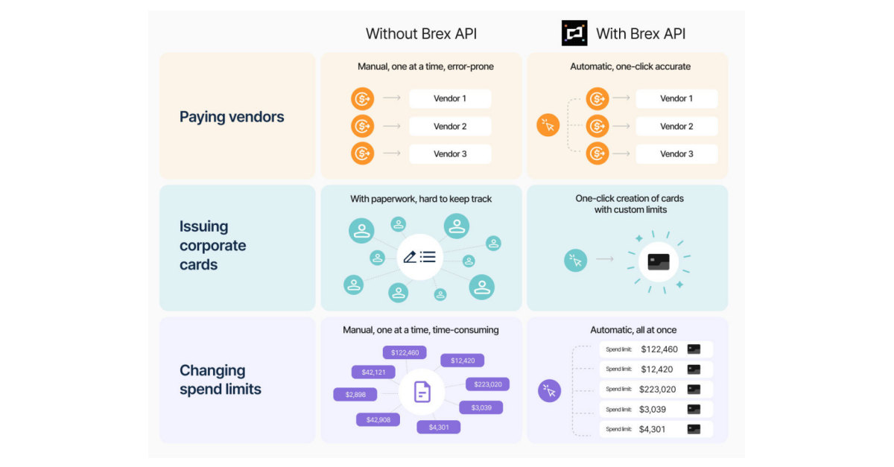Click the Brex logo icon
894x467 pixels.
pos(574,34)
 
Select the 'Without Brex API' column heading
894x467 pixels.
pos(421,34)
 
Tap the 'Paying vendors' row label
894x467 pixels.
pos(232,117)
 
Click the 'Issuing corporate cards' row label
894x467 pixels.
pos(212,246)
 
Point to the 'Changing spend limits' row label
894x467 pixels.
pos(221,380)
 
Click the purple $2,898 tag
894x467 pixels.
pos(355,395)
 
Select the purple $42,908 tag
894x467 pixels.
pos(378,420)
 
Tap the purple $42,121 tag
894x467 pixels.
pos(373,372)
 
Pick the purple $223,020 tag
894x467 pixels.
pos(488,384)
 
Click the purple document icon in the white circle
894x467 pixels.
pos(422,391)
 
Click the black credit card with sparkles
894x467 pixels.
pos(659,261)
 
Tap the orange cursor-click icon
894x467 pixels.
pos(548,125)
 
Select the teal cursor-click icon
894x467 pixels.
pos(575,260)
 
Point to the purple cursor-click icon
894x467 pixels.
pos(550,390)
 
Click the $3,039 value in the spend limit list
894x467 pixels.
pos(653,410)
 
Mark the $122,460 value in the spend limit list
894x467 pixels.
pos(659,349)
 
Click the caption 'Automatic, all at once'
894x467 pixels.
pos(633,330)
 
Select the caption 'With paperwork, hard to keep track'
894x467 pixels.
pos(421,199)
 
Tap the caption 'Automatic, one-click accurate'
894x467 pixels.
pos(630,67)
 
